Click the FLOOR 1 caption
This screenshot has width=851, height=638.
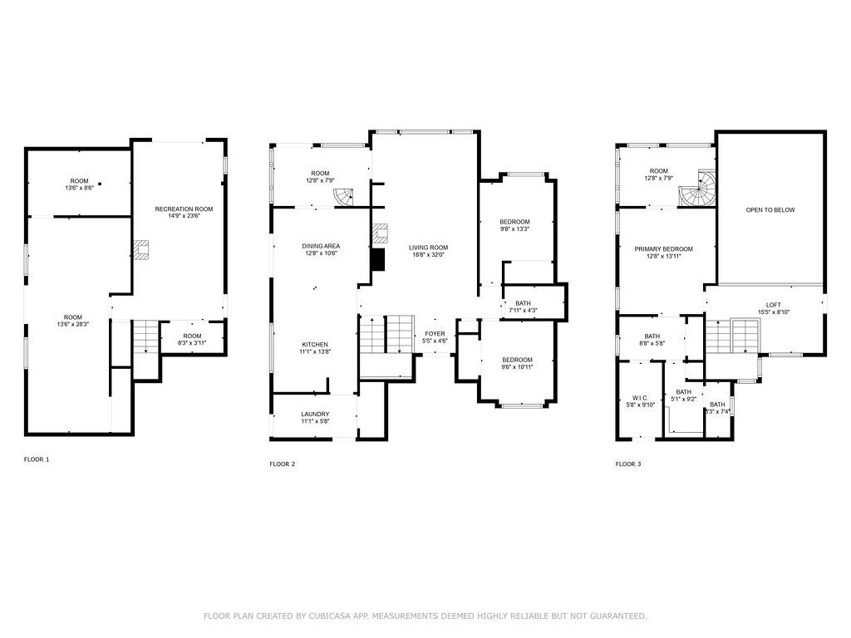point(37,459)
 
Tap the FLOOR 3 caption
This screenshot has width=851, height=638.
point(627,464)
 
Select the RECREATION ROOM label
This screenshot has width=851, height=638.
point(184,209)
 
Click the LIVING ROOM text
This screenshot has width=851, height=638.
point(428,247)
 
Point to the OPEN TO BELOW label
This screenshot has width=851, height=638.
point(770,210)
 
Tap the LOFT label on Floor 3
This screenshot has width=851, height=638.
point(773,305)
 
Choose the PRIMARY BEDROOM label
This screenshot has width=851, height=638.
point(663,249)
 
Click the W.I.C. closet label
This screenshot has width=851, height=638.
point(640,398)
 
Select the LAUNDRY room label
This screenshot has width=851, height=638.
point(315,414)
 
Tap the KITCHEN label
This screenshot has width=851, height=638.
point(315,345)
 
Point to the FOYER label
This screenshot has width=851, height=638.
point(435,334)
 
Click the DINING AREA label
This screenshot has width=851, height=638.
point(321,246)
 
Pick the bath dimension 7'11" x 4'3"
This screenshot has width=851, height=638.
point(523,311)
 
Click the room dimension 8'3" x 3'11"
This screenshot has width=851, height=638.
point(192,342)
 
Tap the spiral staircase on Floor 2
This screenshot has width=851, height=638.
point(345,197)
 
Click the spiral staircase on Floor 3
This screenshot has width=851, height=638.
point(696,190)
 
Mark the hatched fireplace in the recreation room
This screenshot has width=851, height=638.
point(142,250)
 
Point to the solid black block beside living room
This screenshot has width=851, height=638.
point(379,259)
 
